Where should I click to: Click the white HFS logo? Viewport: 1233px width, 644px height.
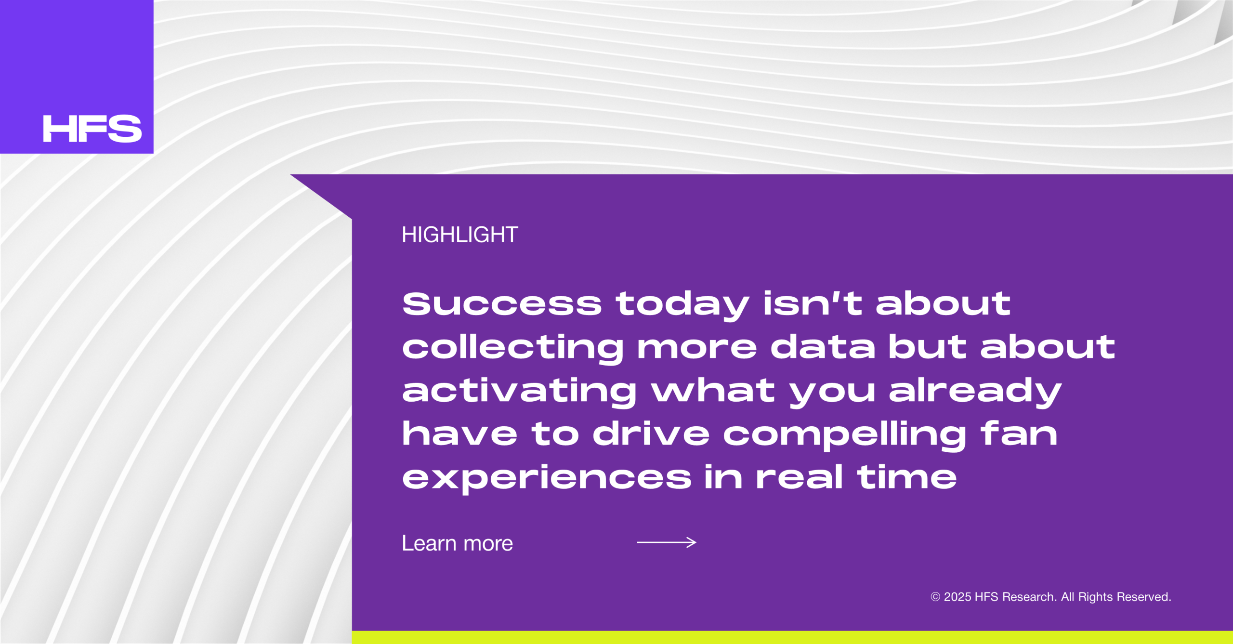click(x=92, y=129)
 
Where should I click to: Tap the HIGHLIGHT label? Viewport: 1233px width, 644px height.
click(x=460, y=235)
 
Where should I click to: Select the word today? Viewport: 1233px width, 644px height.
click(x=682, y=306)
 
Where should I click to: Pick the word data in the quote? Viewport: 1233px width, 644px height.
click(x=823, y=346)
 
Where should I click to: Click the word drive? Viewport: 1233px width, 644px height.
click(x=651, y=433)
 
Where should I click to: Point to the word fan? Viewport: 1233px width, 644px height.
click(x=1019, y=433)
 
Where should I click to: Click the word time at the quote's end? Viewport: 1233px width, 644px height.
click(x=907, y=477)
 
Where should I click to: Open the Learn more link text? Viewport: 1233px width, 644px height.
click(x=457, y=543)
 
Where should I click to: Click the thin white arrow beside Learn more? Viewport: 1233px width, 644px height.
click(x=667, y=542)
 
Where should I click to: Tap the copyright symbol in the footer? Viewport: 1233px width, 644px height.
click(x=935, y=597)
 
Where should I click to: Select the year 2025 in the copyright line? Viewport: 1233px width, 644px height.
click(x=958, y=597)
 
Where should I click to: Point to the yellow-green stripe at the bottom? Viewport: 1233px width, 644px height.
click(x=792, y=637)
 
